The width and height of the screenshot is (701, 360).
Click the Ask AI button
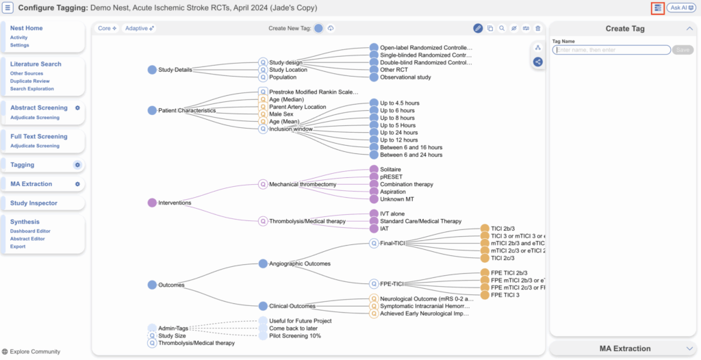[x=681, y=8]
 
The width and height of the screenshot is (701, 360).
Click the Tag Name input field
[x=611, y=50]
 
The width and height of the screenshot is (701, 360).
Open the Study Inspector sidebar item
[x=34, y=203]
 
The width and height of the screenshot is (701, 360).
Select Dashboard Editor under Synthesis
[x=30, y=231]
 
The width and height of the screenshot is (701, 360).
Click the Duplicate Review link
[x=29, y=81]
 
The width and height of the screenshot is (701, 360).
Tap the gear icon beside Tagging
[x=77, y=165]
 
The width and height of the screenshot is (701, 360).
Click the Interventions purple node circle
[x=152, y=203]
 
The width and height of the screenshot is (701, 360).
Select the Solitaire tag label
[x=390, y=169]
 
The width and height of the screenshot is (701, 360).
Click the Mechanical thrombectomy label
[x=302, y=184]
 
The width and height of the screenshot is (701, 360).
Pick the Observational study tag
[x=405, y=77]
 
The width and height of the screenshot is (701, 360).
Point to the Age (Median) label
[x=286, y=99]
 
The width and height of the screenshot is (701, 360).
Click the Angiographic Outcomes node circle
[x=264, y=263]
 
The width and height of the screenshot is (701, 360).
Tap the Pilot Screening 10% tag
[x=294, y=336]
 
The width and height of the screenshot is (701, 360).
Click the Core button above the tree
[x=107, y=28]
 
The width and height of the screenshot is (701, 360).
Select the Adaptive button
[x=140, y=28]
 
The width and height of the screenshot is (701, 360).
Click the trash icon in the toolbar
[x=537, y=28]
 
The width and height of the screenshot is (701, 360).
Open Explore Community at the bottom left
[x=31, y=352]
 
